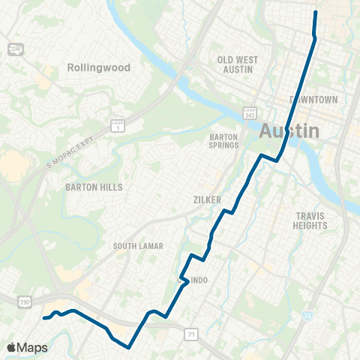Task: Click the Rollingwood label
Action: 98,67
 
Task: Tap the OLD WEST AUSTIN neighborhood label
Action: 237,64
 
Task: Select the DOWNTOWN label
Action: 314,100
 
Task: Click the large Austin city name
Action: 289,131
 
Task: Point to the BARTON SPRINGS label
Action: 223,142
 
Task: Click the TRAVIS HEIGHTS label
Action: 310,220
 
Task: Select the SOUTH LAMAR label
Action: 138,246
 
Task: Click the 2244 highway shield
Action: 14,49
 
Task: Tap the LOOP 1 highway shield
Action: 116,125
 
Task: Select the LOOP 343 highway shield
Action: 250,112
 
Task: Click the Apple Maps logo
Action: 27,347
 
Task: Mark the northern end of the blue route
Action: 315,12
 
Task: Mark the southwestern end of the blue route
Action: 44,318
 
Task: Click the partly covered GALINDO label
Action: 198,280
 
